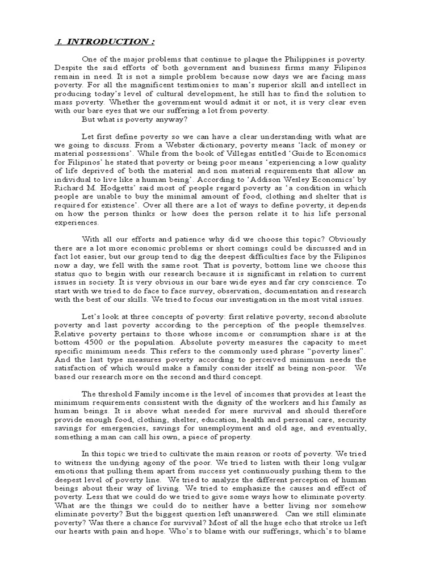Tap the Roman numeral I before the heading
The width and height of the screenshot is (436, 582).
point(59,42)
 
